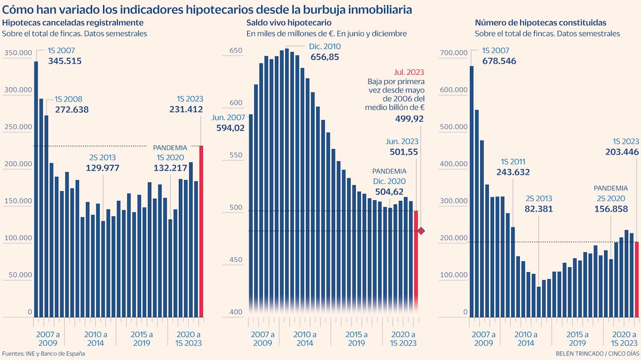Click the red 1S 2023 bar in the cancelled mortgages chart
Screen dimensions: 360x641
[x=201, y=231]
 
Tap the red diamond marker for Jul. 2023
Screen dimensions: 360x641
[x=421, y=231]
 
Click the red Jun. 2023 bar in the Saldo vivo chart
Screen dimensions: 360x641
[x=416, y=262]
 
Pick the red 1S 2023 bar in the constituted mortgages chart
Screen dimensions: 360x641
[x=637, y=279]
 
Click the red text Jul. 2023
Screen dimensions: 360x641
[x=410, y=72]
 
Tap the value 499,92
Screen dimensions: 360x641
[x=409, y=119]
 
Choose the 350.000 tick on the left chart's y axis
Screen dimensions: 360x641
[x=18, y=53]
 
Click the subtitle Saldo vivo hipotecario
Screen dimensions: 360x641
[x=289, y=22]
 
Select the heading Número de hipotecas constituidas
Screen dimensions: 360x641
[x=540, y=22]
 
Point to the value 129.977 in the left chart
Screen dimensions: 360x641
[x=103, y=168]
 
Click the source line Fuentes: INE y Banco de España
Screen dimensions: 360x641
[x=43, y=354]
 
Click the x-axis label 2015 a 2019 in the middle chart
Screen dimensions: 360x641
[x=356, y=339]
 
